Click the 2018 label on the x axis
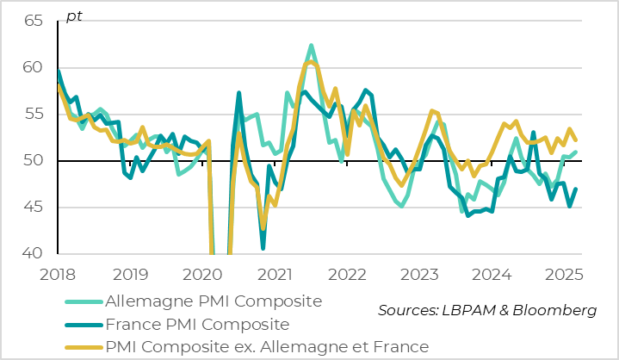point(58,274)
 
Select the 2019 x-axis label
point(131,274)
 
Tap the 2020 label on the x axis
point(204,274)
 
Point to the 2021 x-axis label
point(276,274)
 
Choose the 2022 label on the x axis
point(350,274)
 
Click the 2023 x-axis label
point(423,274)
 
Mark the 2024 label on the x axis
point(495,274)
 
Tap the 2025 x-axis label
point(568,274)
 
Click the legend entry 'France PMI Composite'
point(195,325)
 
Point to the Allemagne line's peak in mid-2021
point(311,46)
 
